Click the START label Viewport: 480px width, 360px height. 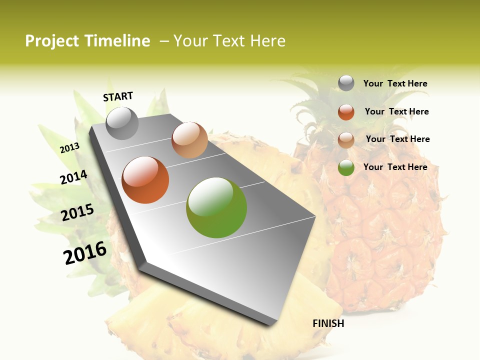coord(118,96)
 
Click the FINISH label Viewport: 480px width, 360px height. coord(328,323)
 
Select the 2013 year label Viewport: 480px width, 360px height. coord(70,147)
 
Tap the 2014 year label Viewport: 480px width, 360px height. coord(73,177)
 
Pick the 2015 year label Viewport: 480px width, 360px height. coord(77,212)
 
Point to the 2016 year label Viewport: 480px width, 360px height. coord(85,252)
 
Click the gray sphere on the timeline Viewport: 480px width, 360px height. coord(122,123)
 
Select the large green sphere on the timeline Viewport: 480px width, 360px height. coord(216,207)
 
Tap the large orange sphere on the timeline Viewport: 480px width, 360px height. coord(145,180)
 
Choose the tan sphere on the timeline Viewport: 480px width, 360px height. coord(189,140)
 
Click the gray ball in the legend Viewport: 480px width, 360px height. coord(346,83)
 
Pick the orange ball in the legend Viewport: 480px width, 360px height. coord(346,112)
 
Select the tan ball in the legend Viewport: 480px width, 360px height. coord(346,140)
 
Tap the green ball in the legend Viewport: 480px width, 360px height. coord(346,168)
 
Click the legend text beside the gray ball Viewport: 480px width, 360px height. coord(395,83)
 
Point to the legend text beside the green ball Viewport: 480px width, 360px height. coord(395,167)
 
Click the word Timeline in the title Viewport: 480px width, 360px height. coord(117,41)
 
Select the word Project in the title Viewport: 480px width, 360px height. coord(52,41)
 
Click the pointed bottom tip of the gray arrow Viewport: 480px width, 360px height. coord(274,322)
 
